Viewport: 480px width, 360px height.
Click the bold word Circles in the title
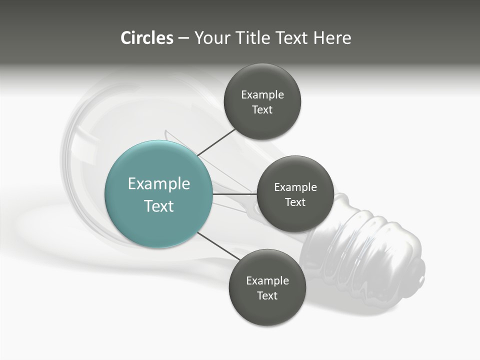pyautogui.click(x=147, y=38)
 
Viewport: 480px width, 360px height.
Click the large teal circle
pyautogui.click(x=158, y=194)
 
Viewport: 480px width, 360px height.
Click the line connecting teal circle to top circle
pyautogui.click(x=216, y=143)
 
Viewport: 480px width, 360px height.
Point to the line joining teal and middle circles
pyautogui.click(x=235, y=194)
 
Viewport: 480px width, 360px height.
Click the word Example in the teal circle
pyautogui.click(x=159, y=184)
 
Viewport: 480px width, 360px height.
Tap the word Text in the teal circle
pyautogui.click(x=159, y=206)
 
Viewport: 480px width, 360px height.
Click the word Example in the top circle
pyautogui.click(x=262, y=95)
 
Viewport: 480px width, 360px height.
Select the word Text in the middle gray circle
pyautogui.click(x=295, y=202)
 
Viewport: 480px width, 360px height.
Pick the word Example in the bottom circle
pyautogui.click(x=267, y=280)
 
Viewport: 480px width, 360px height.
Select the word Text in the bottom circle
pyautogui.click(x=267, y=295)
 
